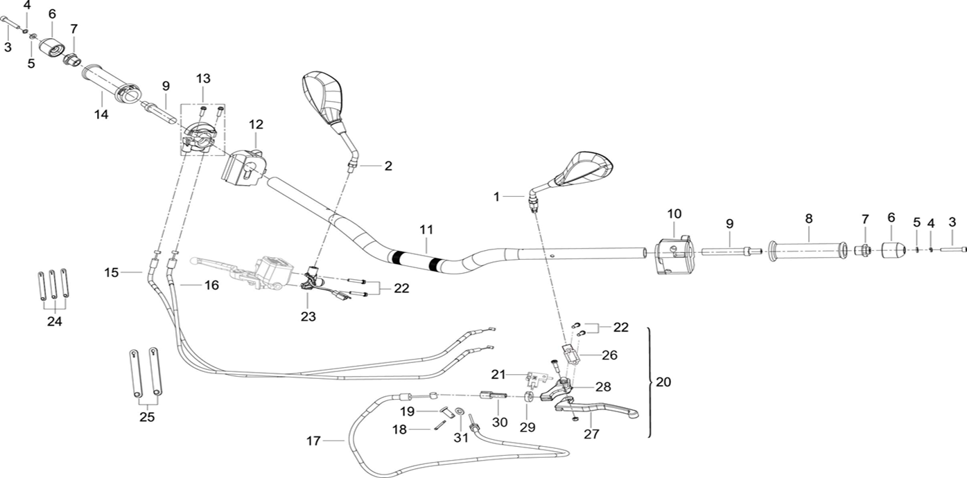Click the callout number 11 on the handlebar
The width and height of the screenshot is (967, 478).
pyautogui.click(x=426, y=229)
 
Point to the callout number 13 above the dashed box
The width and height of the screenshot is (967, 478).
pyautogui.click(x=202, y=78)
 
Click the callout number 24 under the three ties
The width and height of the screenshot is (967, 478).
pyautogui.click(x=54, y=321)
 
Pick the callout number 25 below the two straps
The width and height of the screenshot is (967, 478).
pyautogui.click(x=147, y=417)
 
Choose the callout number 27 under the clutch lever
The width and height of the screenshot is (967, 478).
pyautogui.click(x=591, y=434)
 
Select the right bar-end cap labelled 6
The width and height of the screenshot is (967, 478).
pyautogui.click(x=892, y=249)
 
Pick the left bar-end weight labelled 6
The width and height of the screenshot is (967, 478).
pyautogui.click(x=51, y=49)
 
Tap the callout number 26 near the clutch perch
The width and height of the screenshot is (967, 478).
pyautogui.click(x=609, y=355)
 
